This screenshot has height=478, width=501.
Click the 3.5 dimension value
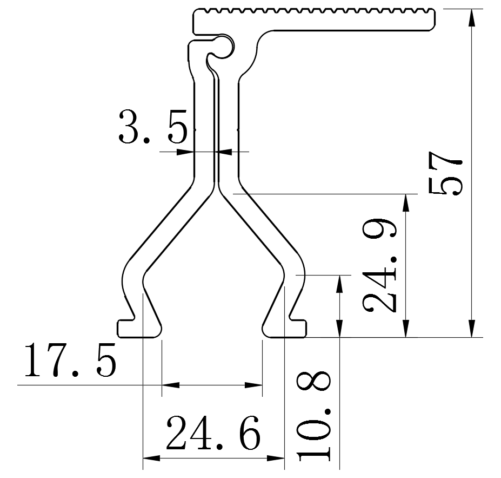153,127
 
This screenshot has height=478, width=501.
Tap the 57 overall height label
445,173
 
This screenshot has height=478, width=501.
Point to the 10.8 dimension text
313,416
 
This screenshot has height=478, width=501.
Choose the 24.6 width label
213,433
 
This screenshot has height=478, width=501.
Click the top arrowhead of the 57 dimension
472,18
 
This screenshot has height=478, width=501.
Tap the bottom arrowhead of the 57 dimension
472,328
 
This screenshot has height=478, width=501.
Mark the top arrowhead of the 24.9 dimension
406,203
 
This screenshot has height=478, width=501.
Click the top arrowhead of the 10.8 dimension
339,284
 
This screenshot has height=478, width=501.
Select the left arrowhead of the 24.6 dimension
151,458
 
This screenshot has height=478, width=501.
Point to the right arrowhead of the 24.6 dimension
276,458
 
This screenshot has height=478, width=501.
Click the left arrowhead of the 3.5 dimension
185,152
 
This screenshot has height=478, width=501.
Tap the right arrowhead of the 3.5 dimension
223,152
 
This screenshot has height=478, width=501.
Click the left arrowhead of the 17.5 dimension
171,385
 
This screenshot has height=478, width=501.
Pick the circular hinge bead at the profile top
222,47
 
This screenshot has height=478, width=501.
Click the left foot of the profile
139,328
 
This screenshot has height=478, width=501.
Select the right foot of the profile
284,328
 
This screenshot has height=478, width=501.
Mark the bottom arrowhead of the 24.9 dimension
406,328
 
